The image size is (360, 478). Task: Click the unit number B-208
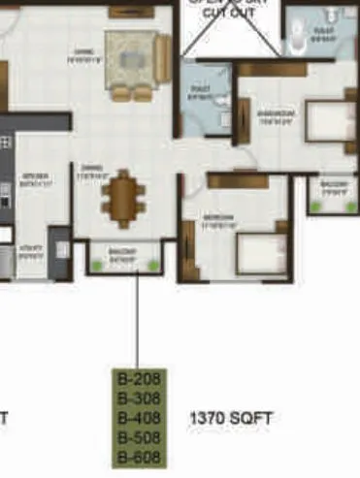click(x=137, y=379)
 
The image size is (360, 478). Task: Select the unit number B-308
click(x=137, y=398)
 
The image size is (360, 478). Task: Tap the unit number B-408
click(x=137, y=418)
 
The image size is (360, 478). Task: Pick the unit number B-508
click(x=137, y=437)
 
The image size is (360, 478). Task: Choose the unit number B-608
click(x=137, y=457)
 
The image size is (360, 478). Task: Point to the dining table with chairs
click(x=124, y=198)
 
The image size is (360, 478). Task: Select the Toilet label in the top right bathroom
click(x=323, y=34)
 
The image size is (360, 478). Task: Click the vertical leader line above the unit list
click(x=137, y=320)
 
